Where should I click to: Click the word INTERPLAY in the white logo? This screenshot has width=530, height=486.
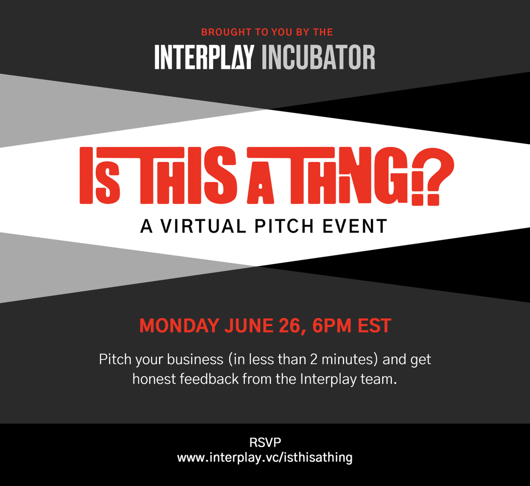(204, 57)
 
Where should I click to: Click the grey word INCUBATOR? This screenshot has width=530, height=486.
(318, 57)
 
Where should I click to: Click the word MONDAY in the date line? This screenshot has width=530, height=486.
(179, 326)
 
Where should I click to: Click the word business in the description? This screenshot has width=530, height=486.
(195, 359)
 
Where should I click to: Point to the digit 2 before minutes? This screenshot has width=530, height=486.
(314, 359)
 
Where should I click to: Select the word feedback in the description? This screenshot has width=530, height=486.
(209, 379)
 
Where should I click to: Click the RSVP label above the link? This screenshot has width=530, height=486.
(265, 442)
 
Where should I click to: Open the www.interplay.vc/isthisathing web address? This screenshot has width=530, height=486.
(265, 457)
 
